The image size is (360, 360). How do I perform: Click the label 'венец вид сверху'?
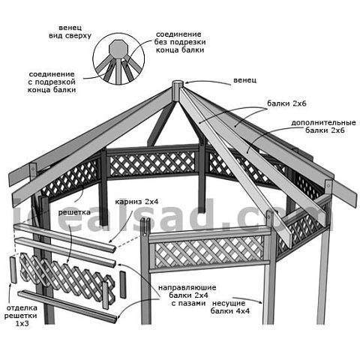[70, 31]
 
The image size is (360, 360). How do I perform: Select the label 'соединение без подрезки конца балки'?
[180, 42]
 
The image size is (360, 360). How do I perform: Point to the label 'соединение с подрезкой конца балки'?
[52, 82]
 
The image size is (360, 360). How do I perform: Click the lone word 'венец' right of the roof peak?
[244, 80]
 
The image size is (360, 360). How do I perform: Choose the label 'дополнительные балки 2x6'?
[323, 127]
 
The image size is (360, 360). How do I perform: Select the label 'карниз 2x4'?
[136, 202]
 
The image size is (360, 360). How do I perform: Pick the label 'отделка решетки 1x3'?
[21, 316]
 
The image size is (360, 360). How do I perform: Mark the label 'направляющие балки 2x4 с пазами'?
[187, 295]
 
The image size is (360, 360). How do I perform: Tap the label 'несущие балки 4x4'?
[230, 307]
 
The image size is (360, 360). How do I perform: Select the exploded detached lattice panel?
[67, 276]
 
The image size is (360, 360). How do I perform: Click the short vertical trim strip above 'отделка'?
[13, 270]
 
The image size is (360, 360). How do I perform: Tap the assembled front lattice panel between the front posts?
[209, 250]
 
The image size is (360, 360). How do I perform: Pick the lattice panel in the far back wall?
[152, 163]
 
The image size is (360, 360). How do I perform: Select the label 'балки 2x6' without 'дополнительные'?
[286, 103]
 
